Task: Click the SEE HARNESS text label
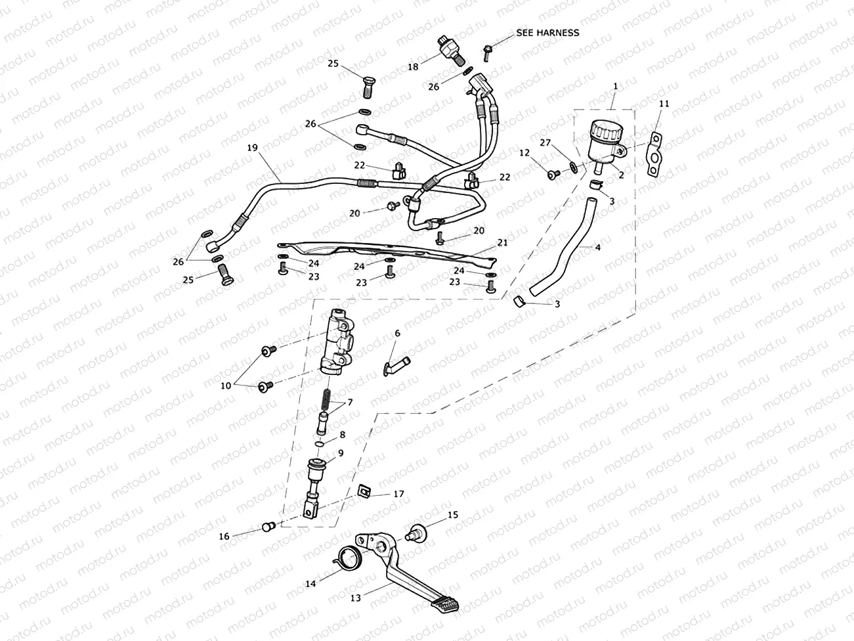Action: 547,32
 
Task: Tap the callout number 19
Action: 252,148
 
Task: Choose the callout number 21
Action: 502,242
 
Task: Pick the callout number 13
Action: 355,598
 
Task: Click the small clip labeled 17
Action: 363,490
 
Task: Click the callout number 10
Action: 226,386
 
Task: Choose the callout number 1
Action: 615,86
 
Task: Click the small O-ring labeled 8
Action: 320,445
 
